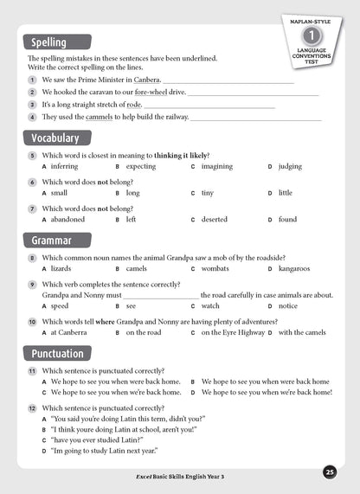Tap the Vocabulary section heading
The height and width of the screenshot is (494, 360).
55,138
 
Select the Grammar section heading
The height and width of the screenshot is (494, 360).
51,240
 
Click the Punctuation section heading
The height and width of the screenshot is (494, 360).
57,353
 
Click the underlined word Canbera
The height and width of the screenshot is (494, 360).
146,79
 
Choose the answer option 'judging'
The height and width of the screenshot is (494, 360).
290,166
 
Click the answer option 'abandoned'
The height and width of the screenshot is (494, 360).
69,220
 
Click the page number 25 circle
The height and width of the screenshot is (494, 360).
330,472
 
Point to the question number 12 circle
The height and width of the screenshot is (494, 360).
31,407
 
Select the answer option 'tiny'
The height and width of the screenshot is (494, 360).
208,193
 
